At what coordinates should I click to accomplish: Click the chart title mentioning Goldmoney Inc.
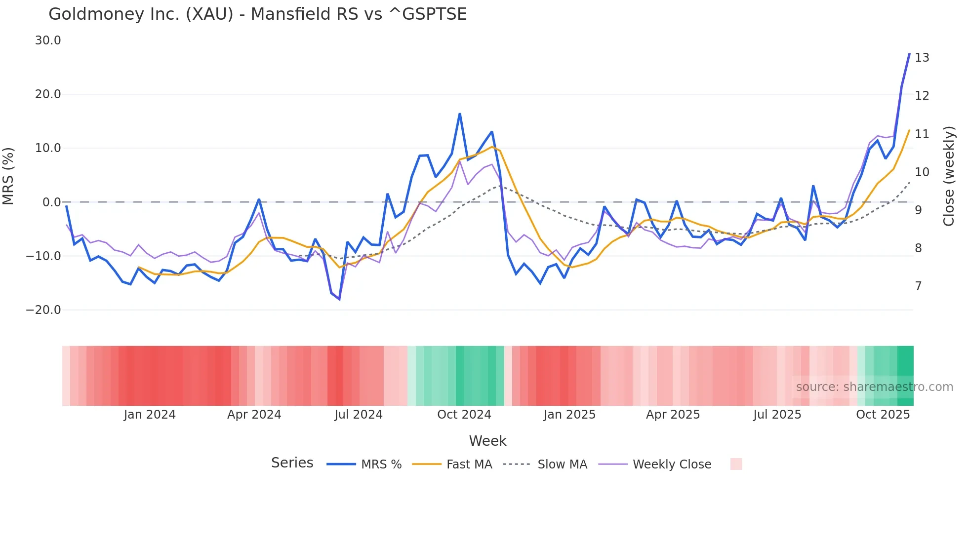[257, 14]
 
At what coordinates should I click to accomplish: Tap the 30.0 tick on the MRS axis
[48, 40]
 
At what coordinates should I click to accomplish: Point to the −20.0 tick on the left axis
[43, 310]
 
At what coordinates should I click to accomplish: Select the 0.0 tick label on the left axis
[51, 202]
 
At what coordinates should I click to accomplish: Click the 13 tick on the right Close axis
[922, 58]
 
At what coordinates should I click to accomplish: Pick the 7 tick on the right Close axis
[918, 286]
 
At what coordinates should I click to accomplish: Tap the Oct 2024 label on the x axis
[464, 415]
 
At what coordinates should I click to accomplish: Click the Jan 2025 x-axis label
[569, 415]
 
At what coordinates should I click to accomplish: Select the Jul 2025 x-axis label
[777, 415]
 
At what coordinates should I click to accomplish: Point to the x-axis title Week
[487, 441]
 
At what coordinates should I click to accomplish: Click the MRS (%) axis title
[8, 176]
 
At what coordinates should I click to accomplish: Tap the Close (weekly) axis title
[948, 176]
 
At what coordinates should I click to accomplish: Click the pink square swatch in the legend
[736, 464]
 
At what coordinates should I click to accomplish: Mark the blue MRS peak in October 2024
[460, 114]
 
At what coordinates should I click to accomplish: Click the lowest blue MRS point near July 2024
[339, 299]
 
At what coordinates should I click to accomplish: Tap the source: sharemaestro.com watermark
[874, 387]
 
